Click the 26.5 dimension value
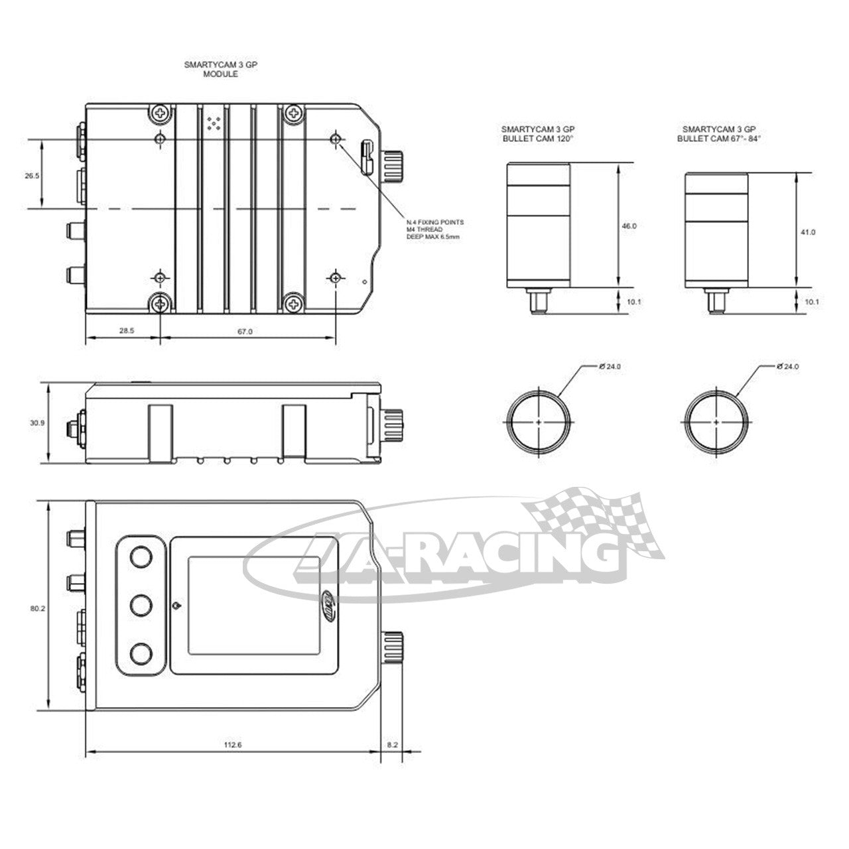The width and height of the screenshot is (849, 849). pyautogui.click(x=32, y=175)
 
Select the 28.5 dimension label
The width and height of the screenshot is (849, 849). pyautogui.click(x=126, y=331)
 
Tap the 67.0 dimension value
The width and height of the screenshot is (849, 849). pyautogui.click(x=245, y=331)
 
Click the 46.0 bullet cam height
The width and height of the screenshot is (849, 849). pyautogui.click(x=629, y=226)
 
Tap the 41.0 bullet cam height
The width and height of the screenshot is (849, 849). pyautogui.click(x=808, y=231)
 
